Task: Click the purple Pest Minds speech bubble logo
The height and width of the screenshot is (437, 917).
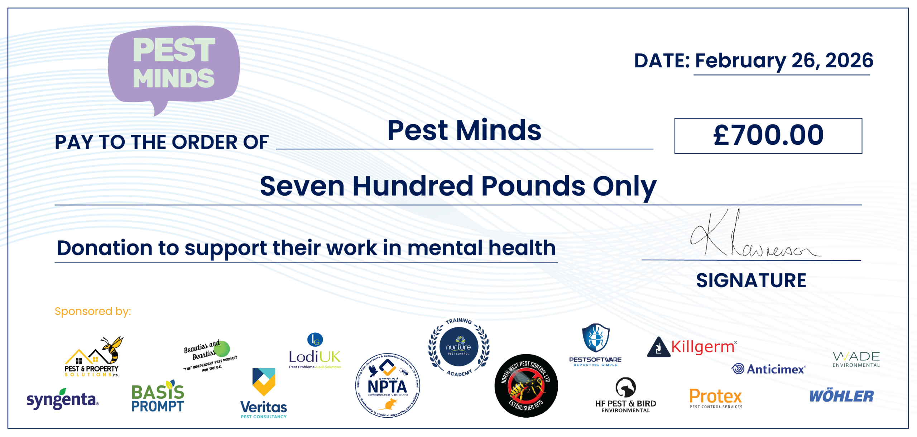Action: (174, 64)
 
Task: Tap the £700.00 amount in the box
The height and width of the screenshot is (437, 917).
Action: (768, 135)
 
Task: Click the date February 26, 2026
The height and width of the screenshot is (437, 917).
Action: (784, 61)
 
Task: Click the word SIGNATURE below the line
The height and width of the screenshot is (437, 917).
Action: (751, 280)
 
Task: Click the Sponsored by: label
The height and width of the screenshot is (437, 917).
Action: (93, 311)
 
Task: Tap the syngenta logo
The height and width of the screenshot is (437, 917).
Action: (62, 399)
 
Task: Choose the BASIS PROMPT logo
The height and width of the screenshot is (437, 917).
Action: (158, 397)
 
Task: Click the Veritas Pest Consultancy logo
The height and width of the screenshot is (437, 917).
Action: (264, 394)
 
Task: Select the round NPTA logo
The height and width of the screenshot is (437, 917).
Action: (388, 385)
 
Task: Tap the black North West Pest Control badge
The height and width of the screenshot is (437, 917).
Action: (526, 386)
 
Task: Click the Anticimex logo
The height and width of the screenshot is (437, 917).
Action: (769, 369)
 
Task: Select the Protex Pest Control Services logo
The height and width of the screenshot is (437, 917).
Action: (716, 398)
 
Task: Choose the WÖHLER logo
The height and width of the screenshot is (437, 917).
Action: (841, 396)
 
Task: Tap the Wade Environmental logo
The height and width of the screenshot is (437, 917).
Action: (856, 359)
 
